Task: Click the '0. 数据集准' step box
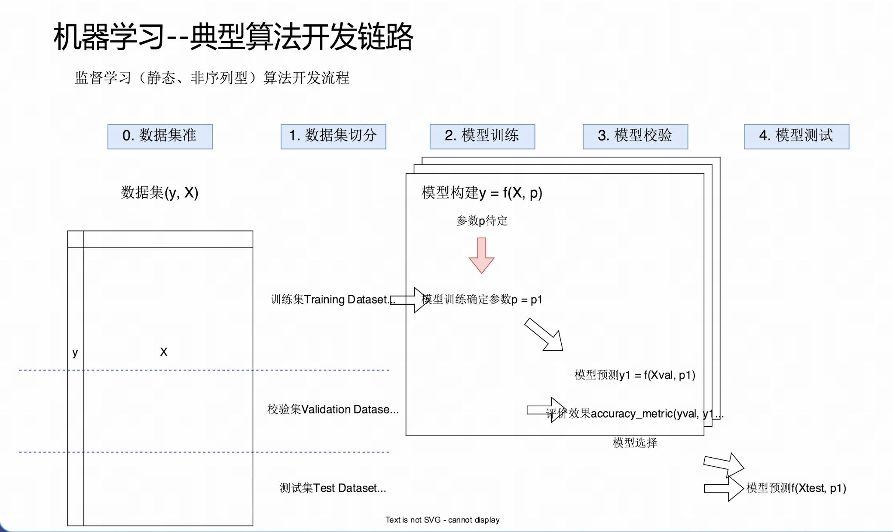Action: (x=160, y=136)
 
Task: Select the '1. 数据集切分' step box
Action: (x=333, y=136)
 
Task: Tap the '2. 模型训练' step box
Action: (x=482, y=136)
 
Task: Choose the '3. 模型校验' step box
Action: (x=635, y=136)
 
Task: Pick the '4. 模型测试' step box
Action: (x=796, y=136)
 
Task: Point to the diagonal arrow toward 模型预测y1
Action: (x=544, y=335)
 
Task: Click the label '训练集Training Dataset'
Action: (x=330, y=300)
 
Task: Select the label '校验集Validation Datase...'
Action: (x=333, y=410)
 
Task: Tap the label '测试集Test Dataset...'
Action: (x=333, y=488)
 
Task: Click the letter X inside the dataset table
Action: (x=164, y=352)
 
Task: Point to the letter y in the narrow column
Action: (x=75, y=353)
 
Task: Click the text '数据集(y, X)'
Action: (x=159, y=193)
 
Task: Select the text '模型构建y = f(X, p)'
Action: (x=482, y=193)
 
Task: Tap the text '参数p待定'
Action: (x=482, y=221)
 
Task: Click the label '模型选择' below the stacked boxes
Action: (x=635, y=443)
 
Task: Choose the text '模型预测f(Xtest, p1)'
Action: (x=796, y=488)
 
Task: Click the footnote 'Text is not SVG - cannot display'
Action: (x=442, y=520)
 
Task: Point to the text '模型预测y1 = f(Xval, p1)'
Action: (x=635, y=375)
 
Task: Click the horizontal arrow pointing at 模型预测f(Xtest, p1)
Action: (x=724, y=489)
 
